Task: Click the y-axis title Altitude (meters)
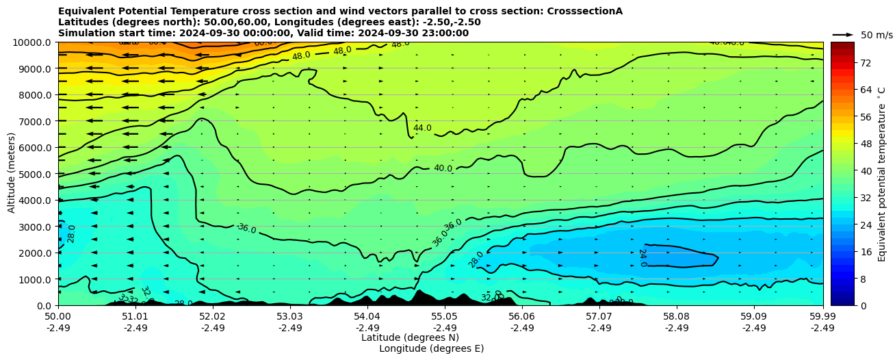(12, 174)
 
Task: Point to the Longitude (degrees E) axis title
(431, 348)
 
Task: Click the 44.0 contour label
(422, 128)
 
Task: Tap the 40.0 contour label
(443, 168)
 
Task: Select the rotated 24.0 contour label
(642, 257)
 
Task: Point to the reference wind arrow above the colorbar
(843, 34)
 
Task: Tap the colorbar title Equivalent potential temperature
(882, 174)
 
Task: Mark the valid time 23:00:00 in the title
(445, 33)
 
